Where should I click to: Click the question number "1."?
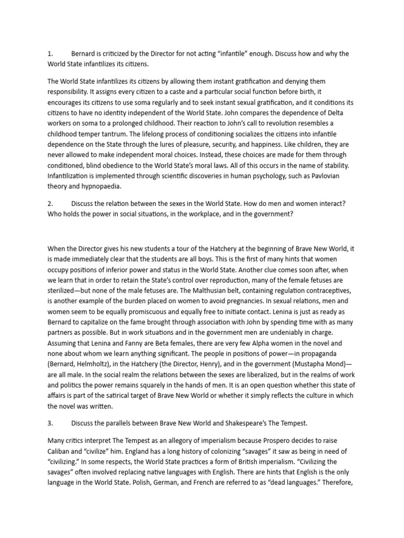point(50,54)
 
